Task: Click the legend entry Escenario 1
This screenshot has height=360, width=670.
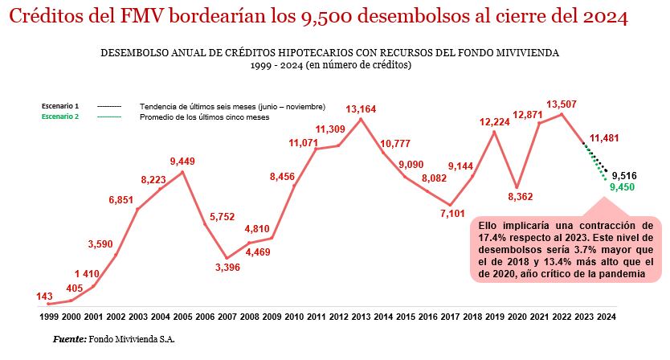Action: (60, 106)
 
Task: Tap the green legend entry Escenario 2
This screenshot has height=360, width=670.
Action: (60, 117)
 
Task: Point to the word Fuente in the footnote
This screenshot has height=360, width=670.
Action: (68, 339)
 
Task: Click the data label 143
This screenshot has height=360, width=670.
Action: (46, 296)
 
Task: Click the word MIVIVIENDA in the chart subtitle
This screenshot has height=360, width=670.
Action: (527, 51)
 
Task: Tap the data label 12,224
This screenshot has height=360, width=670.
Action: (495, 122)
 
